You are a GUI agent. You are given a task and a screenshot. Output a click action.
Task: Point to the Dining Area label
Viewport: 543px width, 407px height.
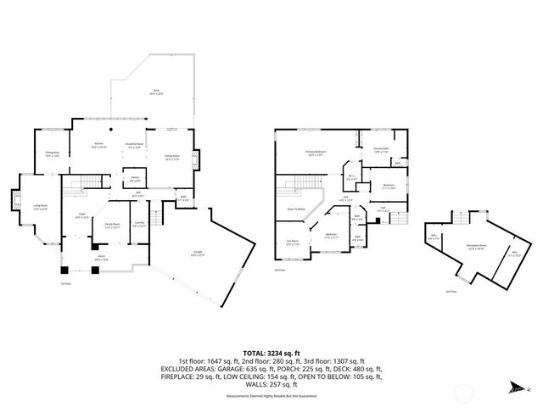click(53, 154)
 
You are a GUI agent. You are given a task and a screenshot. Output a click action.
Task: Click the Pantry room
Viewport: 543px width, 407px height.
click(135, 179)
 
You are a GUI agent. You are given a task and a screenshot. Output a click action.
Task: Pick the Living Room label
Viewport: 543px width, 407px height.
click(39, 209)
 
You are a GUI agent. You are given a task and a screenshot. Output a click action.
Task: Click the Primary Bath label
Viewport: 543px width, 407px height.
click(381, 148)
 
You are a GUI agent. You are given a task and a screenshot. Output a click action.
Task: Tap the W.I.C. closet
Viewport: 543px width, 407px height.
click(350, 177)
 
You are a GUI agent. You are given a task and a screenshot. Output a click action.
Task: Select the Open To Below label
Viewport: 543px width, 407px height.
click(296, 208)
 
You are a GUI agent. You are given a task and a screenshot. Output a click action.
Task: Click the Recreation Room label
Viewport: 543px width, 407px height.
click(475, 248)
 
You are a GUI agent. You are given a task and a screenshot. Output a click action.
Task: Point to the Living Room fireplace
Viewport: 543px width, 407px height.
click(13, 203)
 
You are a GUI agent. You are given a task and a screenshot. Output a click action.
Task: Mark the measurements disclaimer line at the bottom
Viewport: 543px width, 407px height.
click(271, 395)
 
